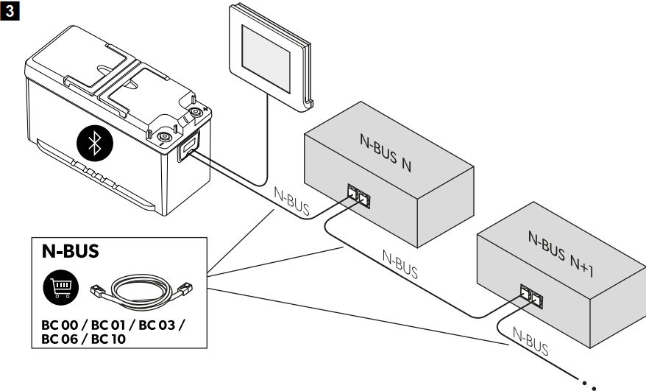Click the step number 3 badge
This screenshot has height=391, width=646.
(x=8, y=9)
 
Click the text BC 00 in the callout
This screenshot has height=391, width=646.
(x=60, y=325)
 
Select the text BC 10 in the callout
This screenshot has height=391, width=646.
(x=121, y=339)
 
